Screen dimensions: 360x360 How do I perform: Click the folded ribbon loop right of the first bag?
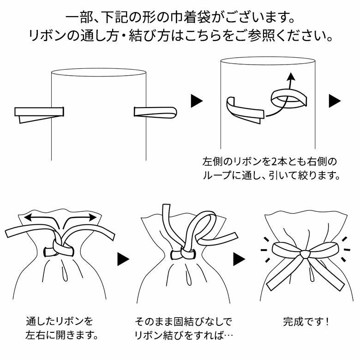155,112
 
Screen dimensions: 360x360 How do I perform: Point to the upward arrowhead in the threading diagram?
290,76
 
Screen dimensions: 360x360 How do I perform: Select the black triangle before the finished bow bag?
239,259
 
